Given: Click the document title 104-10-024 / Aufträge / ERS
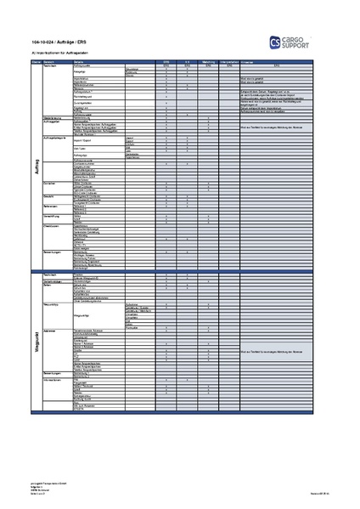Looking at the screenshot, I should click(59, 42).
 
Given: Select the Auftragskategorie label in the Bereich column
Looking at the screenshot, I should click(56, 137).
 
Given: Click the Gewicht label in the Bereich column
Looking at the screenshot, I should click(48, 195).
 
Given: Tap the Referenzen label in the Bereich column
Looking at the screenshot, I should click(50, 205).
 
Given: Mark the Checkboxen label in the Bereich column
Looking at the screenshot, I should click(52, 226).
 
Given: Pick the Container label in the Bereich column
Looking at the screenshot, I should click(50, 182).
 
